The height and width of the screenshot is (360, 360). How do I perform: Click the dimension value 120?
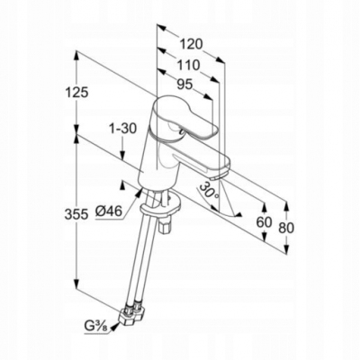[191, 44]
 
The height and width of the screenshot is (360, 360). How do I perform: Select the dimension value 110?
[188, 65]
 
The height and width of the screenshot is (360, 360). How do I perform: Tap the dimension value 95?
[184, 85]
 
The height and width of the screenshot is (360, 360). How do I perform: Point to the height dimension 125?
[76, 93]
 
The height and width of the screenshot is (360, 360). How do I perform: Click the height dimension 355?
[76, 214]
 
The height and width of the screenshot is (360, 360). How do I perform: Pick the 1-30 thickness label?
[122, 129]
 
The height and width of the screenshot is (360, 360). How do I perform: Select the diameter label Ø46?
[109, 211]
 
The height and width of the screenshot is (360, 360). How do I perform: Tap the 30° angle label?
[209, 191]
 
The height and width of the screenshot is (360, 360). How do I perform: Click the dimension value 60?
[264, 221]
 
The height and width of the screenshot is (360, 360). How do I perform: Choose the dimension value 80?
[286, 228]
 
